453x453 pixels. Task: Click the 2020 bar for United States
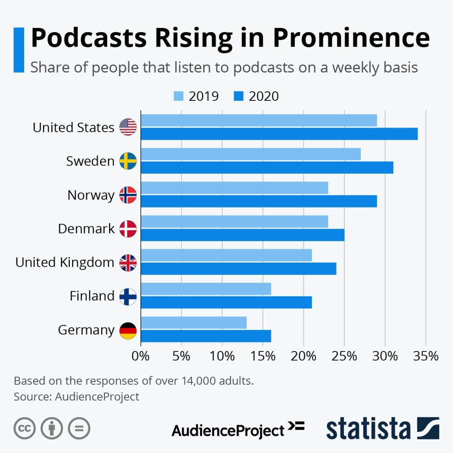tap(279, 134)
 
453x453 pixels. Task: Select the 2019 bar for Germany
tap(194, 323)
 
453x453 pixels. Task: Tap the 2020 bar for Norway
tap(259, 201)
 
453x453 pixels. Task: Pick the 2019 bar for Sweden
tap(251, 154)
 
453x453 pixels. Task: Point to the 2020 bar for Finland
tap(226, 302)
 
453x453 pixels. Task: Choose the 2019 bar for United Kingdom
tap(226, 255)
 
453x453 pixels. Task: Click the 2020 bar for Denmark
tap(242, 235)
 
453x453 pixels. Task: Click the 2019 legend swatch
tap(178, 96)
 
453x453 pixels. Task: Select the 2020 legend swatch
tap(238, 96)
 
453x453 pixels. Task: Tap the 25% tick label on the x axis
tap(344, 356)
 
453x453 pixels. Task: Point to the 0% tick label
tap(140, 356)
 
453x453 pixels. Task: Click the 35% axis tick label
tap(426, 356)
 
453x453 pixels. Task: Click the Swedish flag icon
tap(128, 161)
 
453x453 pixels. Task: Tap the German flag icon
tap(128, 331)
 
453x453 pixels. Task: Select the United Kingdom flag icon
tap(128, 263)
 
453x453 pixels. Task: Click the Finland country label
tap(92, 296)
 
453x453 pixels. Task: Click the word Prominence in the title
tap(351, 38)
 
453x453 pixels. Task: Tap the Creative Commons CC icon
tap(24, 428)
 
